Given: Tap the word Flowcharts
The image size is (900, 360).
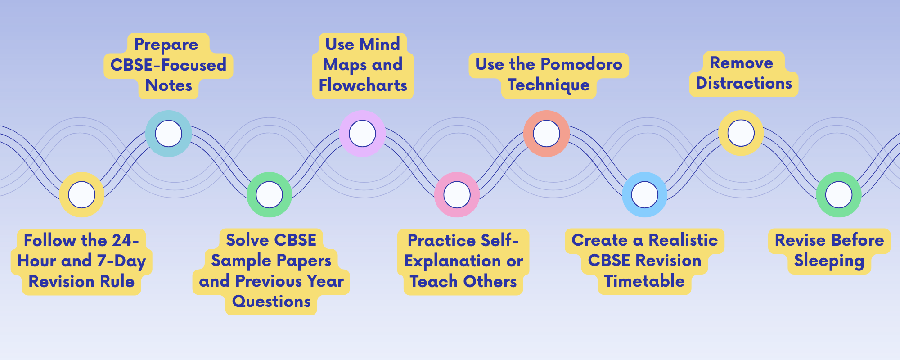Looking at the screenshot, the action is (x=363, y=85).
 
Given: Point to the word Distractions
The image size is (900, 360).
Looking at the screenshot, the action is (x=744, y=83).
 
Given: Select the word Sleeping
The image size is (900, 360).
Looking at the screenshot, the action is (x=829, y=261).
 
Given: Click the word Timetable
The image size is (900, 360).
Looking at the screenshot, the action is (x=644, y=281).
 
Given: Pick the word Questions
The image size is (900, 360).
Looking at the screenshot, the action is (x=271, y=301).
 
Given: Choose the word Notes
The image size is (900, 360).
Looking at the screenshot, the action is (x=169, y=85).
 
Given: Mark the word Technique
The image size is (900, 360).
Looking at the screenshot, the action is (x=549, y=85).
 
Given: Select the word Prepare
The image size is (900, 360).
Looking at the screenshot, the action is (x=166, y=45).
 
